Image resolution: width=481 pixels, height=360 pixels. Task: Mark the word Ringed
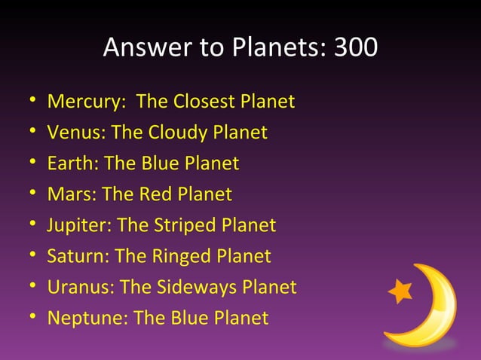179,256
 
